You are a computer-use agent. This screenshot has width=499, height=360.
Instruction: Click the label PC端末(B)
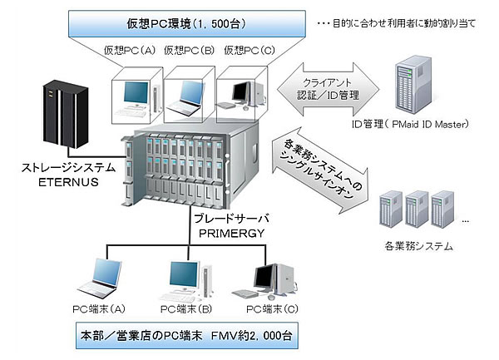click(182, 310)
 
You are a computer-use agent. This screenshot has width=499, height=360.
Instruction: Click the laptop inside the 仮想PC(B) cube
click(186, 92)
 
